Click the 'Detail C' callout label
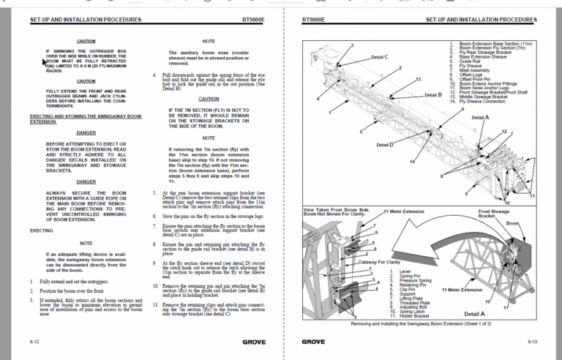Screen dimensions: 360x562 [379, 56]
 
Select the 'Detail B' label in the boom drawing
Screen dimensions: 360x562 [434, 94]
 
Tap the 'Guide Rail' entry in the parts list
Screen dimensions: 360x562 [469, 61]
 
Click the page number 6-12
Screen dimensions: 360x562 [35, 342]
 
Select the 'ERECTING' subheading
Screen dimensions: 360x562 [41, 230]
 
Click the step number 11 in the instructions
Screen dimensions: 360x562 [156, 304]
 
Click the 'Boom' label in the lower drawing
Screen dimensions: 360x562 [512, 222]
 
